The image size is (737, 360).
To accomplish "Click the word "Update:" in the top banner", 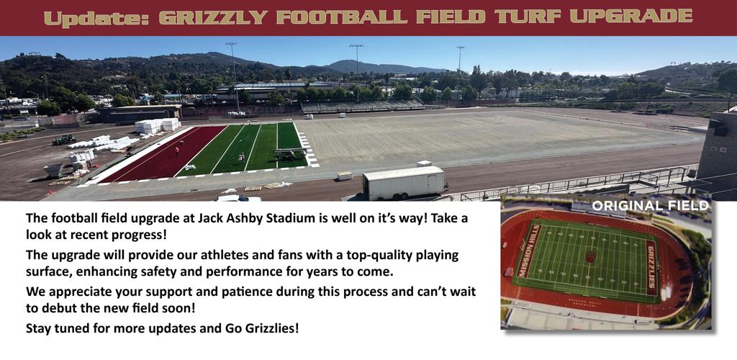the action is pyautogui.click(x=96, y=18).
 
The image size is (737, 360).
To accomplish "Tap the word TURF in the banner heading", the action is pyautogui.click(x=532, y=17).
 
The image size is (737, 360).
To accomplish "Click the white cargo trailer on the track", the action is pyautogui.click(x=404, y=182).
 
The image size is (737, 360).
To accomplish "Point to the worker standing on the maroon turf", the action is pyautogui.click(x=177, y=151).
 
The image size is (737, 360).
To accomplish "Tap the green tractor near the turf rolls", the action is pyautogui.click(x=64, y=140).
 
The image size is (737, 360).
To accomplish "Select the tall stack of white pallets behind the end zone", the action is pyautogui.click(x=158, y=125).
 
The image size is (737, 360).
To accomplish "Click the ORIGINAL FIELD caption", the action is pyautogui.click(x=650, y=206).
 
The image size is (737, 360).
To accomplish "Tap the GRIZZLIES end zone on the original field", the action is pyautogui.click(x=651, y=268).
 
